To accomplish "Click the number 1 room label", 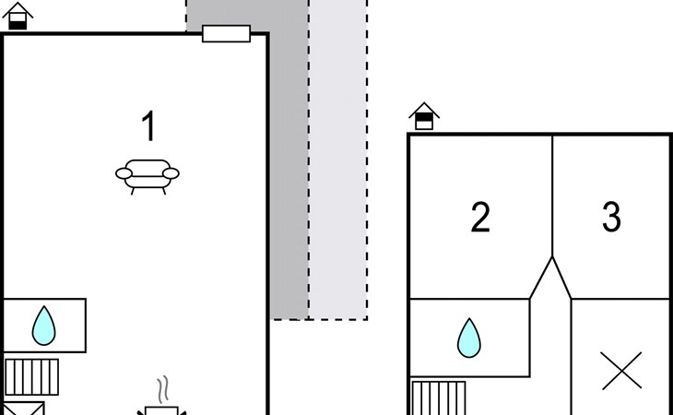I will [x=148, y=126].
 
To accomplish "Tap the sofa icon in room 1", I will [x=148, y=175].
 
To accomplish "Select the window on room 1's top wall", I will [x=226, y=34].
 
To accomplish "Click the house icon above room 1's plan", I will [x=18, y=16].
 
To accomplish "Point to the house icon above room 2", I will [x=424, y=116].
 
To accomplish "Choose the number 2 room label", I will [x=480, y=218].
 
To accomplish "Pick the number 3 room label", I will [x=611, y=218].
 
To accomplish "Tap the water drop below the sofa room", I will [x=43, y=326].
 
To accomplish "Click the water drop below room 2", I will [x=469, y=338].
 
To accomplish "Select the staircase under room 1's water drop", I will [x=31, y=376].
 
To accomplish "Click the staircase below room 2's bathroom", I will [x=438, y=397].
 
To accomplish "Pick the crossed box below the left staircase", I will [x=22, y=409].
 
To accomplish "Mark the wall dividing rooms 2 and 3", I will [x=552, y=194].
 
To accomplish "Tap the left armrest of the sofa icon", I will [x=123, y=172].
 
